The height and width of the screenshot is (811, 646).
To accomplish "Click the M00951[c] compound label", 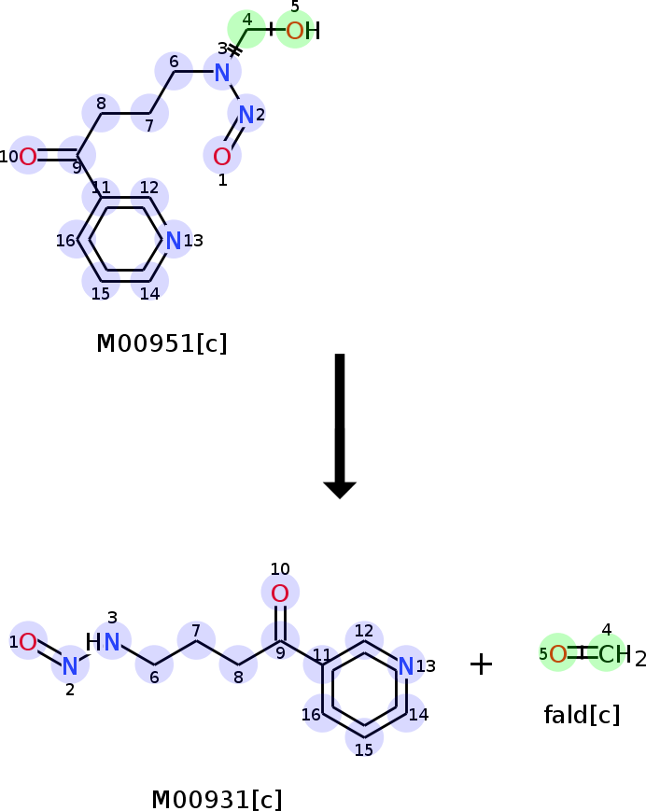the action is (161, 343).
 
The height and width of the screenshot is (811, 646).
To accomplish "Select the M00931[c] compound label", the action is (217, 800).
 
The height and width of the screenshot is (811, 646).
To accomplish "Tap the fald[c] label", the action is (582, 715).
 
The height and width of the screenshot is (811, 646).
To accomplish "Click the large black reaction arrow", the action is (340, 426).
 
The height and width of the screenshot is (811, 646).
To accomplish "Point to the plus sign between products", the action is (481, 664).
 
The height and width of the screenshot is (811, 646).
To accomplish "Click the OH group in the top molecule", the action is (303, 31).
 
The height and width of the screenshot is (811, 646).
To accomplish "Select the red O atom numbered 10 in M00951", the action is (28, 156).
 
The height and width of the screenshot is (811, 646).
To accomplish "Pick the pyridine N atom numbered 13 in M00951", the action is (174, 241).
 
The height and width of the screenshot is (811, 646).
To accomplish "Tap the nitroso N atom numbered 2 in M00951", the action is (246, 114).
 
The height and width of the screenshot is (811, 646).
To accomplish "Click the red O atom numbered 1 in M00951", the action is (222, 156).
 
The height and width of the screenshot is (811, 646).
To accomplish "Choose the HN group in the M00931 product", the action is (103, 642).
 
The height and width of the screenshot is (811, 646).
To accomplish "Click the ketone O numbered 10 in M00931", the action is (280, 594).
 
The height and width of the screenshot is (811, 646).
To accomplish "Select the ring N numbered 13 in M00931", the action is (406, 666).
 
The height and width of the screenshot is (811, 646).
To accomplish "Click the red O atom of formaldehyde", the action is (557, 654).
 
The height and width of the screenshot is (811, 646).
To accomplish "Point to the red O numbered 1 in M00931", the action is (28, 642).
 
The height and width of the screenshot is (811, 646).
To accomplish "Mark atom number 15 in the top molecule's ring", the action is (101, 281).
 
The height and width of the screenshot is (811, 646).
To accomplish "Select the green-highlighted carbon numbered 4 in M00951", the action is (246, 29).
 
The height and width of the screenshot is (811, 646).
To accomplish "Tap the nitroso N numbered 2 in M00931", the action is (70, 666).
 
